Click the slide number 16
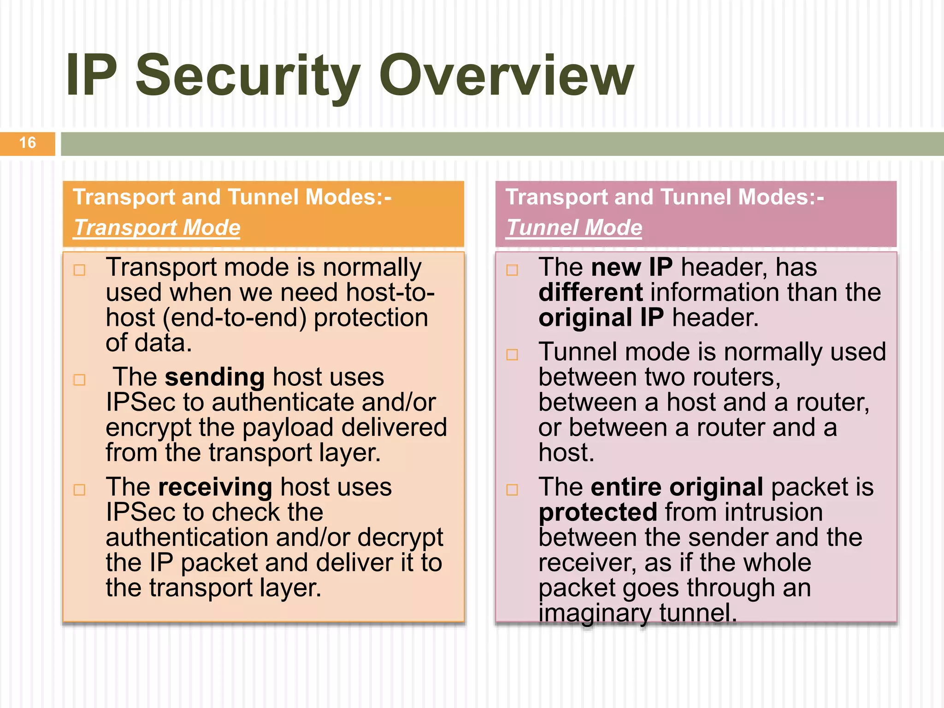coord(28,143)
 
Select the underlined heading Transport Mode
coord(157,228)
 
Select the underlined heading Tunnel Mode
coord(574,228)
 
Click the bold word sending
coord(215,377)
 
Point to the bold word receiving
coord(215,487)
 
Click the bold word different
coord(590,293)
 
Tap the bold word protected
coord(597,513)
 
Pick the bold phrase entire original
coord(677,487)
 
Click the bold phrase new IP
coord(631,267)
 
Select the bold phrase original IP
coord(601,318)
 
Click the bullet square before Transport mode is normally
coord(80,270)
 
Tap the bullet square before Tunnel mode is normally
coord(512,354)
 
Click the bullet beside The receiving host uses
coord(80,490)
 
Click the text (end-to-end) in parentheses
coord(235,318)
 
